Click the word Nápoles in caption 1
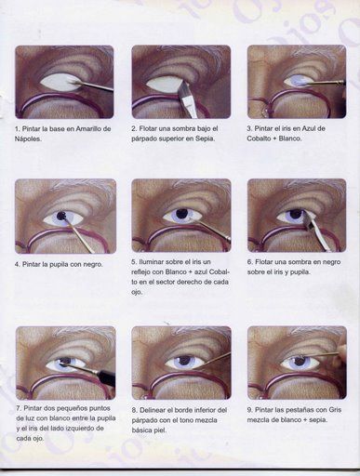click(27, 139)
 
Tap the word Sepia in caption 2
click(205, 139)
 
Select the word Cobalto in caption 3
click(259, 139)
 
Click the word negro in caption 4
click(93, 264)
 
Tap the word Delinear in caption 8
click(153, 410)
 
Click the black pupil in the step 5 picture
click(181, 214)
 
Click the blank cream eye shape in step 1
click(60, 83)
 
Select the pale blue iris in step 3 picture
click(298, 82)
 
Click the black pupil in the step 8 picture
click(185, 361)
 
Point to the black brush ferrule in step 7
click(105, 377)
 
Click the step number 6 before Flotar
click(249, 262)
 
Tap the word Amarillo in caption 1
click(89, 128)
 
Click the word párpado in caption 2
click(144, 139)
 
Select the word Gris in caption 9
click(335, 410)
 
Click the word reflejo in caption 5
click(141, 272)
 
